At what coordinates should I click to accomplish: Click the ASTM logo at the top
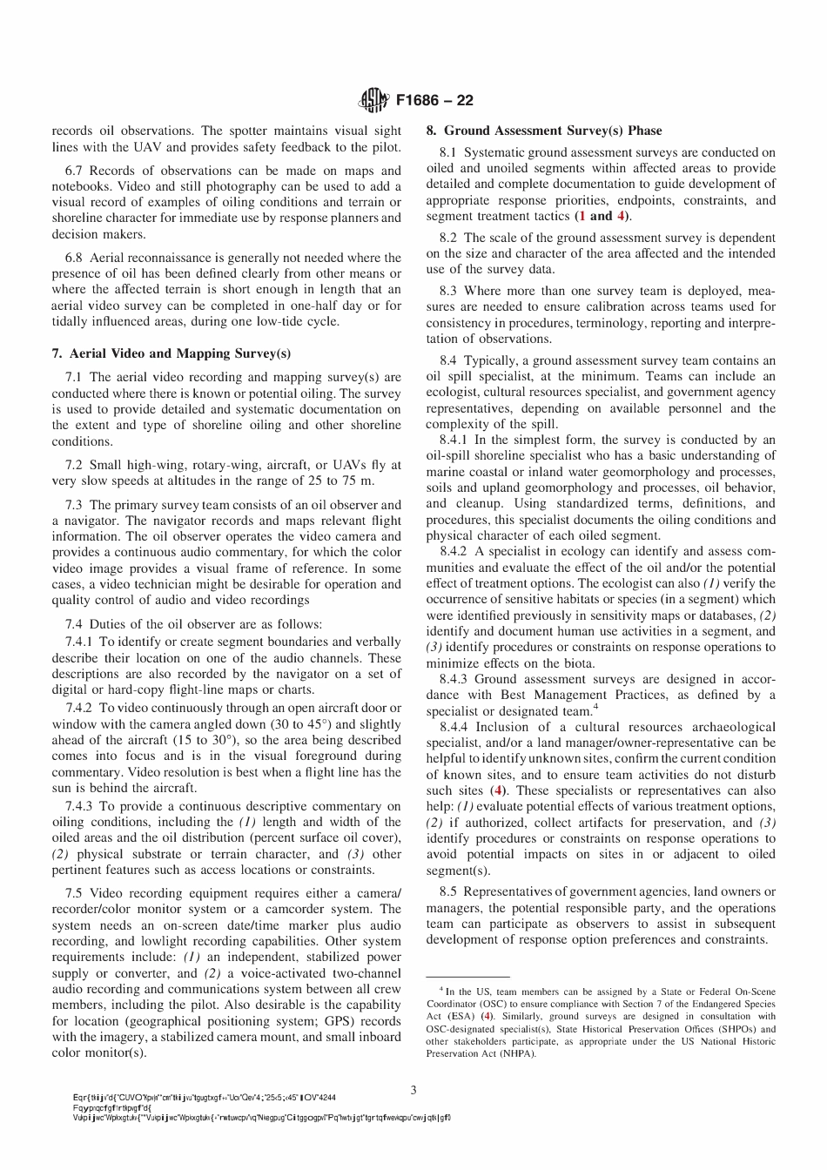click(374, 101)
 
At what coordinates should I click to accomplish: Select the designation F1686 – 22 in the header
click(434, 101)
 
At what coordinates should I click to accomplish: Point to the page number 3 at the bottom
click(413, 1089)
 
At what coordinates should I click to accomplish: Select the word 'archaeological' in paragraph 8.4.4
click(731, 727)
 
